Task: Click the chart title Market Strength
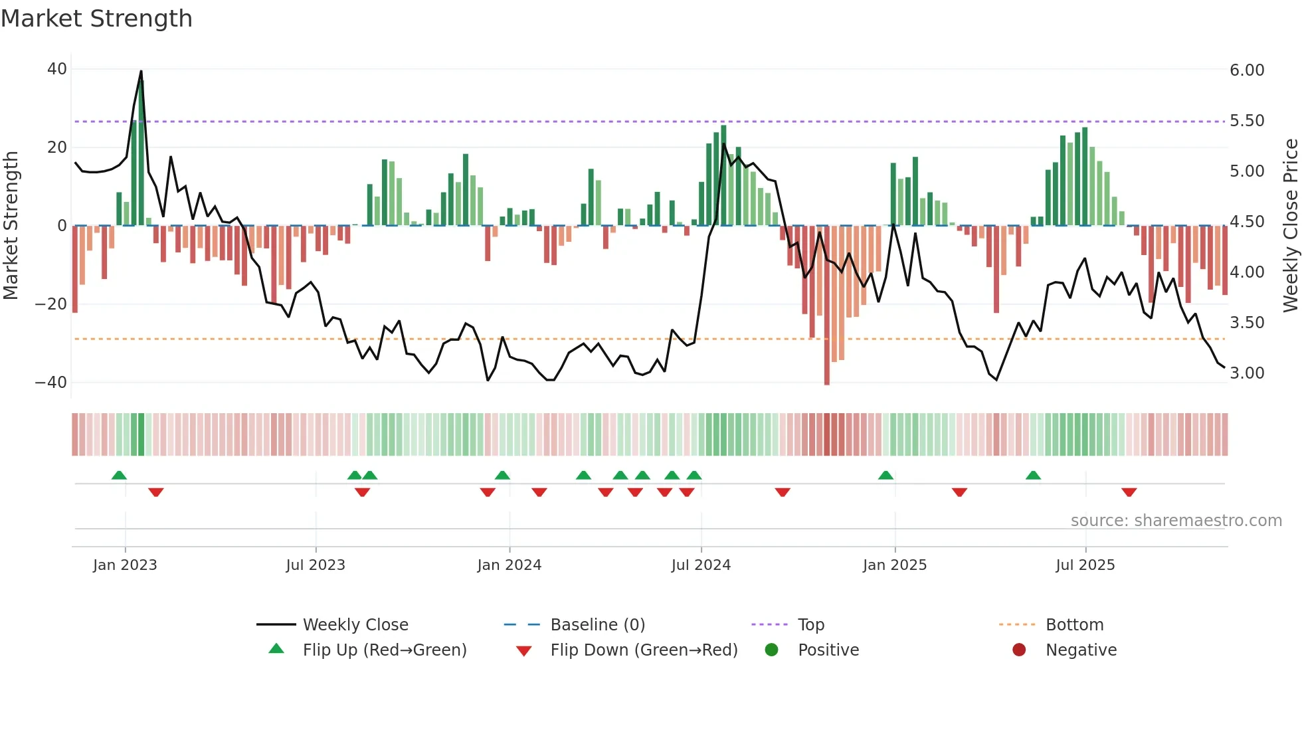pyautogui.click(x=96, y=19)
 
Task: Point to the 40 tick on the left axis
pyautogui.click(x=57, y=69)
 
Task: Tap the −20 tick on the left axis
pyautogui.click(x=52, y=304)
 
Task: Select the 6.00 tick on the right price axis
pyautogui.click(x=1247, y=70)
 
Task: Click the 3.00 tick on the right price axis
pyautogui.click(x=1247, y=373)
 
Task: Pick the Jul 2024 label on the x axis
pyautogui.click(x=701, y=565)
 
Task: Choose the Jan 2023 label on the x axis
pyautogui.click(x=125, y=565)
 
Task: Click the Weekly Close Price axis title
pyautogui.click(x=1290, y=226)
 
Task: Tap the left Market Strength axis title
pyautogui.click(x=11, y=226)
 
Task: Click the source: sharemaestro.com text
pyautogui.click(x=1176, y=521)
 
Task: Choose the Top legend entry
pyautogui.click(x=811, y=625)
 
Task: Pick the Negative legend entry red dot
pyautogui.click(x=1019, y=650)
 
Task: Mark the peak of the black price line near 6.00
pyautogui.click(x=141, y=71)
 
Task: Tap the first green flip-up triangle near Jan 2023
pyautogui.click(x=119, y=476)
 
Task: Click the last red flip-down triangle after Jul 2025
pyautogui.click(x=1129, y=492)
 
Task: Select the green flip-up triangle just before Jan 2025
pyautogui.click(x=885, y=476)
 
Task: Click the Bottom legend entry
pyautogui.click(x=1074, y=625)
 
